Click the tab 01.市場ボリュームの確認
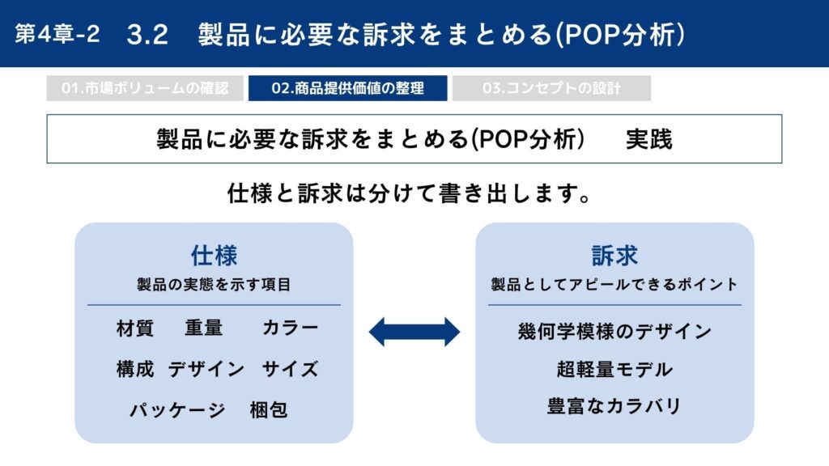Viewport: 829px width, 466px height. (145, 88)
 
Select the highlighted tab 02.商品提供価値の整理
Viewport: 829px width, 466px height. (348, 88)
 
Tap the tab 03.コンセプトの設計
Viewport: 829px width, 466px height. (551, 88)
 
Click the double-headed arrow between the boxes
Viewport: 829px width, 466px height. (414, 332)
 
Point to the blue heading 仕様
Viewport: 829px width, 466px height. (214, 256)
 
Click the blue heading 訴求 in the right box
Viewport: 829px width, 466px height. (614, 256)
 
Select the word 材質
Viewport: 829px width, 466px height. (135, 328)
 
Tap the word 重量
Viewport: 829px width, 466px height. (204, 328)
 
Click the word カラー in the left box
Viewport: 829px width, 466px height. (291, 328)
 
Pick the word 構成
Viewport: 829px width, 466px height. (135, 369)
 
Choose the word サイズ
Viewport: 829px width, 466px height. (291, 369)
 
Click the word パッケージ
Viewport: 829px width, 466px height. (177, 410)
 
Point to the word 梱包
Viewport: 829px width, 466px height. (269, 410)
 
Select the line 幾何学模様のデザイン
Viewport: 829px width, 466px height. (615, 332)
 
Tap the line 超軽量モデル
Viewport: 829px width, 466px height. (615, 369)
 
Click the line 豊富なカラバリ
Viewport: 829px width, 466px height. (614, 406)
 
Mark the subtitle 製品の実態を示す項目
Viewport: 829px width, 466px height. (214, 285)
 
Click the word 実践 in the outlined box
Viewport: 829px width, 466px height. (649, 139)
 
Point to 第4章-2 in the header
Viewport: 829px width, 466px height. (57, 34)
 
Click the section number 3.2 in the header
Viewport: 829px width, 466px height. (147, 35)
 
